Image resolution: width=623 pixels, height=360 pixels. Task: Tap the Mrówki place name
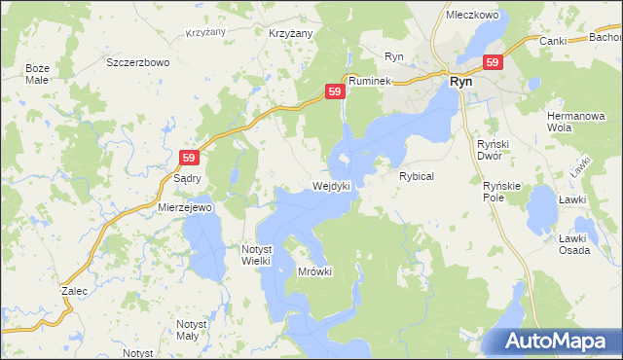pyautogui.click(x=315, y=271)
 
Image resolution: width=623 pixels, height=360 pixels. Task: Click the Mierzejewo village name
pyautogui.click(x=185, y=208)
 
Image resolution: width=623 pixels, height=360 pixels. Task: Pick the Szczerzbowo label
pyautogui.click(x=138, y=61)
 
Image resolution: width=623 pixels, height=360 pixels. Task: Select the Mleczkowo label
pyautogui.click(x=471, y=16)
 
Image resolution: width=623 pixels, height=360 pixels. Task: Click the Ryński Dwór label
pyautogui.click(x=500, y=150)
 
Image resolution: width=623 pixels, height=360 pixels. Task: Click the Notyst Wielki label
pyautogui.click(x=262, y=254)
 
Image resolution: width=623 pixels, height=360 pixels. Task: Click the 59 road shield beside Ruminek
pyautogui.click(x=334, y=90)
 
